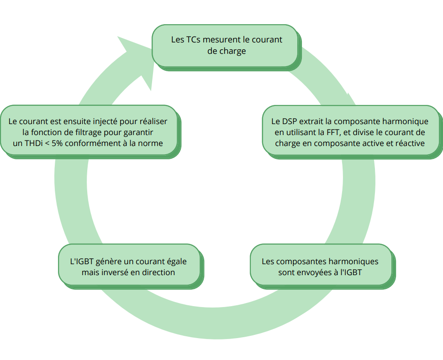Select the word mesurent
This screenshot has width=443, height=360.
pyautogui.click(x=222, y=40)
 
